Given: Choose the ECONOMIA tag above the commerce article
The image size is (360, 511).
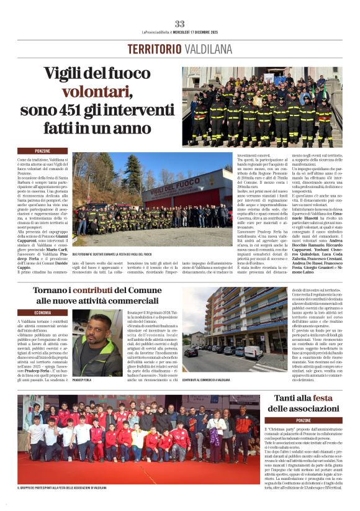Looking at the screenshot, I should pyautogui.click(x=42, y=312).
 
